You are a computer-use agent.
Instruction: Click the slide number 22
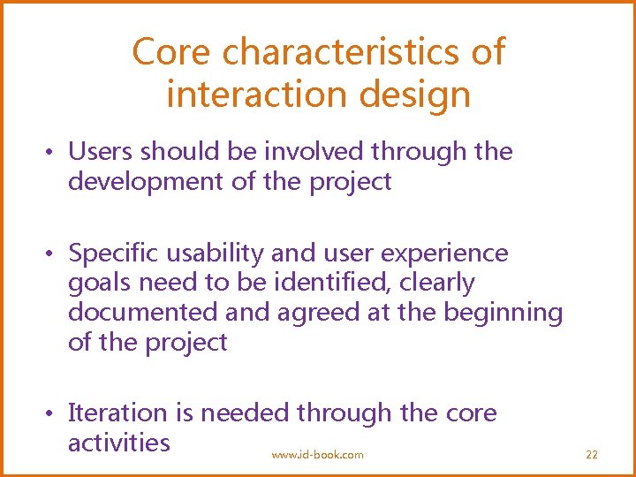coord(592,454)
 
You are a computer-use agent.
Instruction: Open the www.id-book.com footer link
coord(317,454)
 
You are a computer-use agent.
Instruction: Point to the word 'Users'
coord(100,152)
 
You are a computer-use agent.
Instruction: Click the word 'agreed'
coord(321,313)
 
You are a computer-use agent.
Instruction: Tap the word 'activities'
coord(118,442)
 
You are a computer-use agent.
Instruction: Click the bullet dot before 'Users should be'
coord(53,153)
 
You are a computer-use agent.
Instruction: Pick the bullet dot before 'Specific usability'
coord(53,254)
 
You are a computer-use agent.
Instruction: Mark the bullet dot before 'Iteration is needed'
coord(53,413)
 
